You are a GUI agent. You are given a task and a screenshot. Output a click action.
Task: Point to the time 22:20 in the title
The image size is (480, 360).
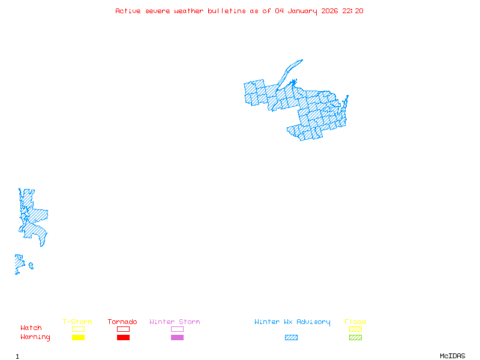click(353, 11)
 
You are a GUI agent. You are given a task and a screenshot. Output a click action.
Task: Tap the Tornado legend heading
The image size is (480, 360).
click(122, 322)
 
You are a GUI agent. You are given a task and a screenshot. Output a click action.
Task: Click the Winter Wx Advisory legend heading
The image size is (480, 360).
click(292, 322)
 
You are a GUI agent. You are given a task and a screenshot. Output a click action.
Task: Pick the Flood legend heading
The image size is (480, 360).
click(355, 322)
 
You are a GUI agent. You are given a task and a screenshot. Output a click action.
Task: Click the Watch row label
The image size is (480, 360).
click(31, 328)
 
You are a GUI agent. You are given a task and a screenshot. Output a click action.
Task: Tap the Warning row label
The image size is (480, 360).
click(35, 337)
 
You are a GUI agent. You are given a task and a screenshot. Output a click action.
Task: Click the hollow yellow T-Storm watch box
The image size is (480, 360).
click(78, 329)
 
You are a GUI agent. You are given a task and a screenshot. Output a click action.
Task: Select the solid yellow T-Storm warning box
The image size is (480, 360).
click(78, 337)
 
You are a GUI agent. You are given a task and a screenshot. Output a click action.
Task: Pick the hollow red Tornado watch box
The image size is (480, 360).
click(123, 329)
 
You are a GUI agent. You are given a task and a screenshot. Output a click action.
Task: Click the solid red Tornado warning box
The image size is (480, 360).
click(123, 337)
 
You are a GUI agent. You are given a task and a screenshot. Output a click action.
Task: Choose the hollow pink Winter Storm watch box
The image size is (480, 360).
click(177, 329)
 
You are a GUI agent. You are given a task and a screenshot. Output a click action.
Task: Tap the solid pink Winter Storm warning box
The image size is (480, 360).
click(177, 337)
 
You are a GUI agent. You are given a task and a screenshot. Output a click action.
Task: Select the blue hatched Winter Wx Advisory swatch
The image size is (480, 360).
click(291, 337)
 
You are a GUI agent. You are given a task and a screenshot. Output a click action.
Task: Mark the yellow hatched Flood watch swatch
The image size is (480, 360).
click(355, 329)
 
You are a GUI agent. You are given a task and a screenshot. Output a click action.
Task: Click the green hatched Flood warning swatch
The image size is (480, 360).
click(355, 337)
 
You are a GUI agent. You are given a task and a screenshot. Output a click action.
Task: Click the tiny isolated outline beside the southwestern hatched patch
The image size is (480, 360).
click(31, 265)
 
